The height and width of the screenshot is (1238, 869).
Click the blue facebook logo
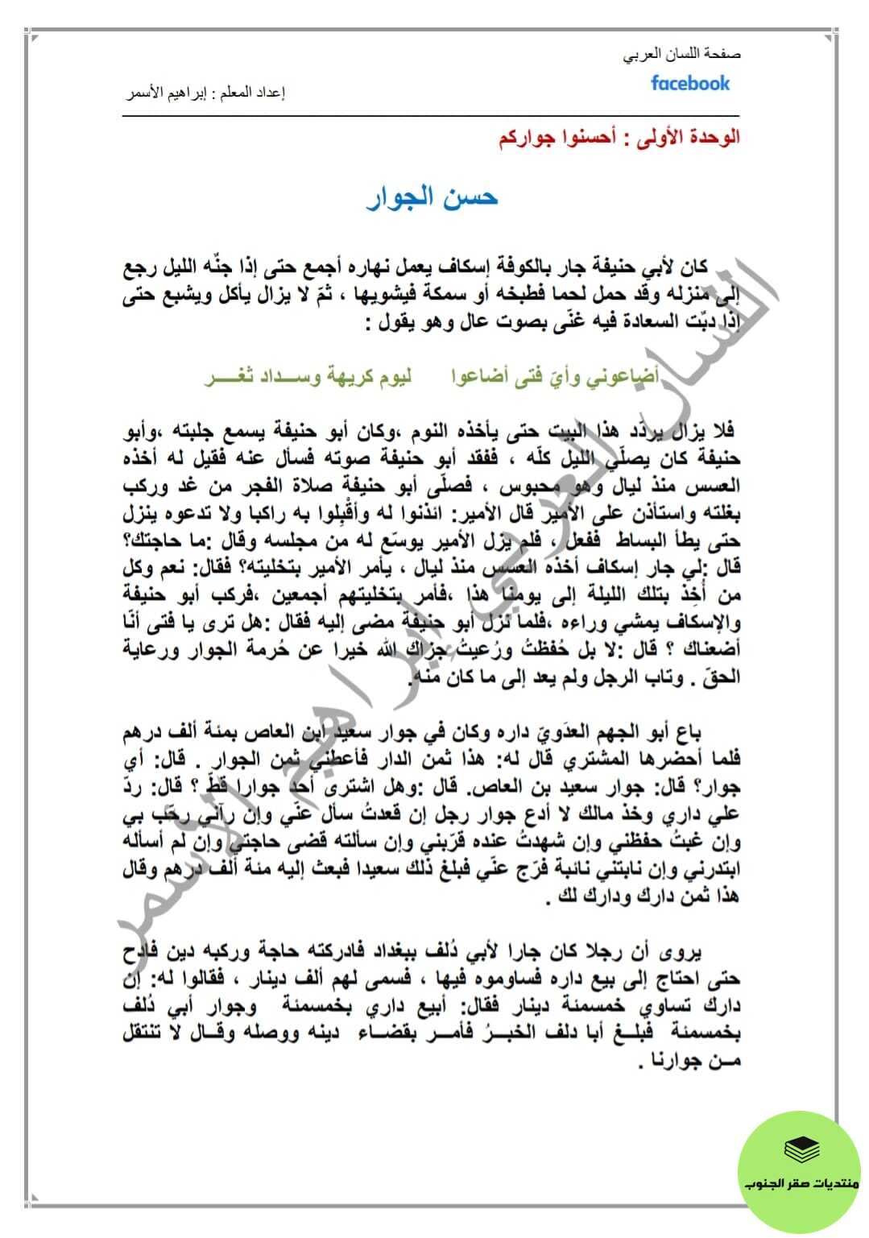(690, 84)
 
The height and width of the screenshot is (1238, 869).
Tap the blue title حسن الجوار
(432, 197)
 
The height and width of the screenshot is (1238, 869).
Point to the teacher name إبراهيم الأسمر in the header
(168, 93)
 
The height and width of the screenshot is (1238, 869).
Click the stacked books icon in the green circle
(801, 1150)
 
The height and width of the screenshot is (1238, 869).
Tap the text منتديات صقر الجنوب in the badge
(801, 1184)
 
